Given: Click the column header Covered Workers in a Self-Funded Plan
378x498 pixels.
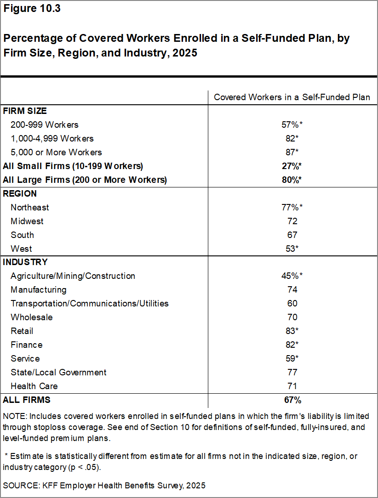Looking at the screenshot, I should click(292, 97).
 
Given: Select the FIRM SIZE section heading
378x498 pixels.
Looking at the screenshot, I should click(25, 111).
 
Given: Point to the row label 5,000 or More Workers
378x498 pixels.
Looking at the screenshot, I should click(56, 152).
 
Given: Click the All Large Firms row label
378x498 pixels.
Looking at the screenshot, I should click(85, 180).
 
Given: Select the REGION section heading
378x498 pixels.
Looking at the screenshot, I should click(20, 193).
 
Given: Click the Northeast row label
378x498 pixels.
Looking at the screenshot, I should click(30, 207).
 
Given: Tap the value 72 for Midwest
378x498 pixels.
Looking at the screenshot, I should click(292, 221).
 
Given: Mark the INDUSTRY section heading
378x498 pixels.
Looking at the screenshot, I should click(25, 262).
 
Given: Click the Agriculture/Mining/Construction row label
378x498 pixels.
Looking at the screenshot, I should click(73, 276).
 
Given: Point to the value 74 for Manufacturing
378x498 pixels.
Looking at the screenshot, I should click(292, 290).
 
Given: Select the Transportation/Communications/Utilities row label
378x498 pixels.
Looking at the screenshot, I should click(90, 304).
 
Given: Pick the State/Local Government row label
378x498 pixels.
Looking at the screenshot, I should click(58, 373).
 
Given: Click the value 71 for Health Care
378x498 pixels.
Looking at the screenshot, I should click(292, 386).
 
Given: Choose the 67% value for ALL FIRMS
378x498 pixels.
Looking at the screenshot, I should click(292, 400).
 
